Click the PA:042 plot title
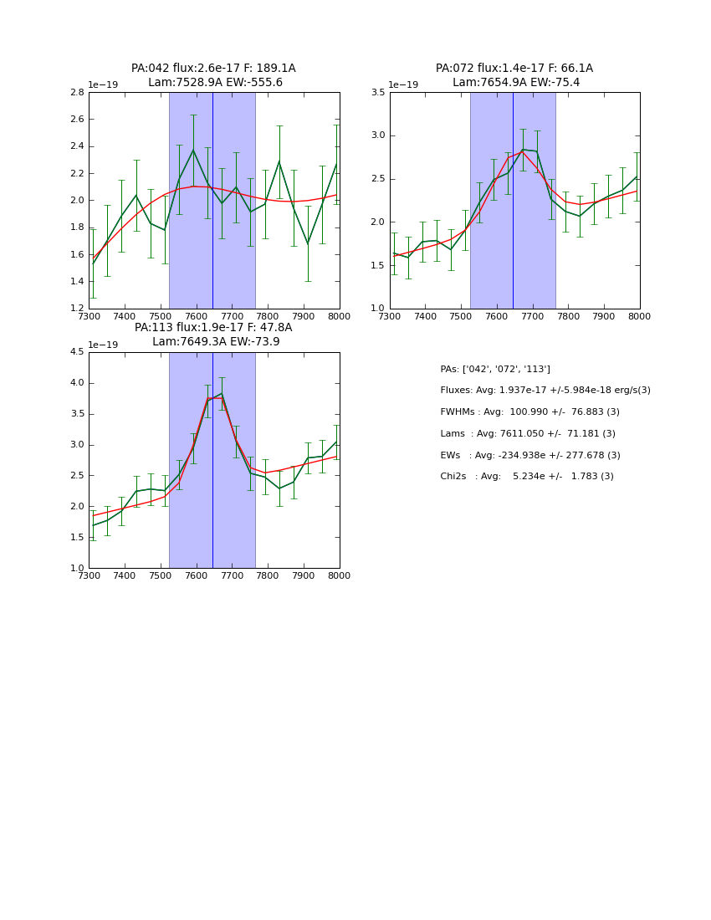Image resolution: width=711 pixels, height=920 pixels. click(213, 69)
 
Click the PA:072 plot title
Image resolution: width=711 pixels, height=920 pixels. click(514, 69)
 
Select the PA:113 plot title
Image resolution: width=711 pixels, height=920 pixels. click(213, 328)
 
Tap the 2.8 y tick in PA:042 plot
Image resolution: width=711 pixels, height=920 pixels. click(76, 93)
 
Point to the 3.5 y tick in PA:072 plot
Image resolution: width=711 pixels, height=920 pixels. click(377, 93)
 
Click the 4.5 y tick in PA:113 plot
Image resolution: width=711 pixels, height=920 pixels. click(76, 352)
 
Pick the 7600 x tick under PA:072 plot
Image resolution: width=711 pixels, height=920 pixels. click(497, 316)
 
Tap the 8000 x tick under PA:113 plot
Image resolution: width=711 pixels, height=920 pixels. click(339, 575)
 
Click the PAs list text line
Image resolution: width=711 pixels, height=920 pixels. click(495, 369)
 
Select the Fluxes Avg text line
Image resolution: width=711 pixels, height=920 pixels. click(545, 391)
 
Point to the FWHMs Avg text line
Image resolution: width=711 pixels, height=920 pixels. click(529, 412)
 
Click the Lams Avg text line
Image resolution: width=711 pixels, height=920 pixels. click(527, 434)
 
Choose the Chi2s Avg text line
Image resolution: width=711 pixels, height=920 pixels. click(526, 477)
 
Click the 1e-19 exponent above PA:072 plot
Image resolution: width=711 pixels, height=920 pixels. click(403, 84)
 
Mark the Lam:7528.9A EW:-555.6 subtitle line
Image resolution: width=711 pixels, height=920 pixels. click(215, 83)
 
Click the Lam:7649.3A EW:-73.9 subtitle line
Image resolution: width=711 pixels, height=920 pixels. click(216, 342)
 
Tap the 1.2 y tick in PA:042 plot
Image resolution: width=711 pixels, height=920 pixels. click(76, 309)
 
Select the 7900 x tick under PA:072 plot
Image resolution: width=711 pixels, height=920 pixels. click(604, 316)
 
